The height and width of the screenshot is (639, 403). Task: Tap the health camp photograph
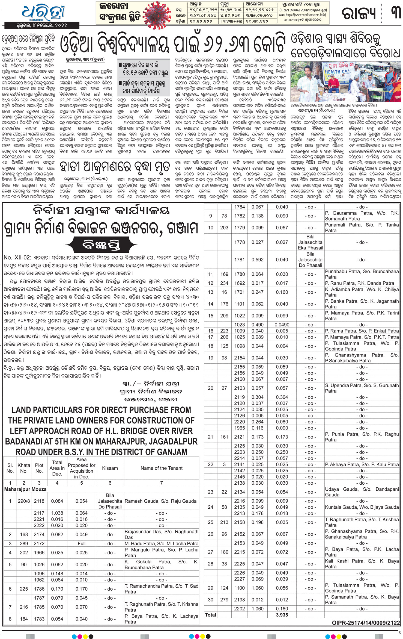346,81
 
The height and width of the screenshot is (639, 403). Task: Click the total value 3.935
282,615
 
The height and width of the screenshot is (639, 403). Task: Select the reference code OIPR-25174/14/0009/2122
366,623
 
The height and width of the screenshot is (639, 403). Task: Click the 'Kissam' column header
110,468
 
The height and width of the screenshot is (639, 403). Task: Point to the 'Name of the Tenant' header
162,468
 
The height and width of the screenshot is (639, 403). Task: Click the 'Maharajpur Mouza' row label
25,489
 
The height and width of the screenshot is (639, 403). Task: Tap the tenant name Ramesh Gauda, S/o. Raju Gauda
160,501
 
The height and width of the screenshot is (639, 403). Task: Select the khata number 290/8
24,501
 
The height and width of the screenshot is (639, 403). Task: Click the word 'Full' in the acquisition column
81,543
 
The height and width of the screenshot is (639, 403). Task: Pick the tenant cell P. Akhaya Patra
362,464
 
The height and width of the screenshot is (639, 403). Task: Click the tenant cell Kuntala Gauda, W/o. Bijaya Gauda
362,507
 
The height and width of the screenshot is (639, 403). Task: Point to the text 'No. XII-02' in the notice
17,258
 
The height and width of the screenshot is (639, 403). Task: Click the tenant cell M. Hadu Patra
161,543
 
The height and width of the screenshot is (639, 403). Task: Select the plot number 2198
240,600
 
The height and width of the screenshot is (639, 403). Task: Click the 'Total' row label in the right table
210,615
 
